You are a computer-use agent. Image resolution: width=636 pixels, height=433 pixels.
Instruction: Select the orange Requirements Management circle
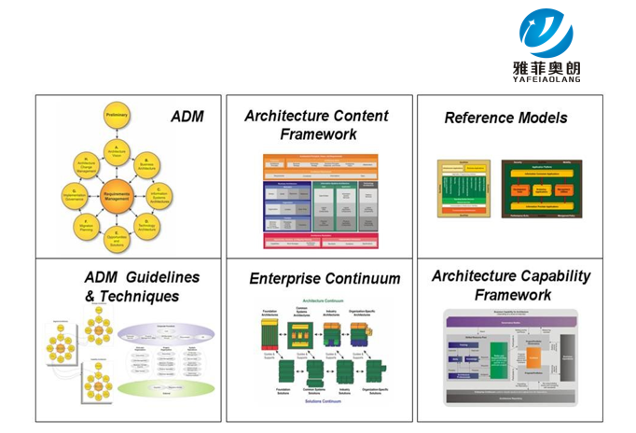click(118, 195)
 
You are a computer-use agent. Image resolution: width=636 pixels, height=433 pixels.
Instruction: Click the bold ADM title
click(187, 117)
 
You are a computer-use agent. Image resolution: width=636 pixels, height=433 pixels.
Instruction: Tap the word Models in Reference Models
click(535, 118)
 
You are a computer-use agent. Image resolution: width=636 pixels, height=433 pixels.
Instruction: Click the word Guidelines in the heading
click(161, 278)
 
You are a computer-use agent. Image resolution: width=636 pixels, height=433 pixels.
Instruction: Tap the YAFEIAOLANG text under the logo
click(546, 79)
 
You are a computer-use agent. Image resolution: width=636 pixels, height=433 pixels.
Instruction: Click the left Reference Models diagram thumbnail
click(463, 189)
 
